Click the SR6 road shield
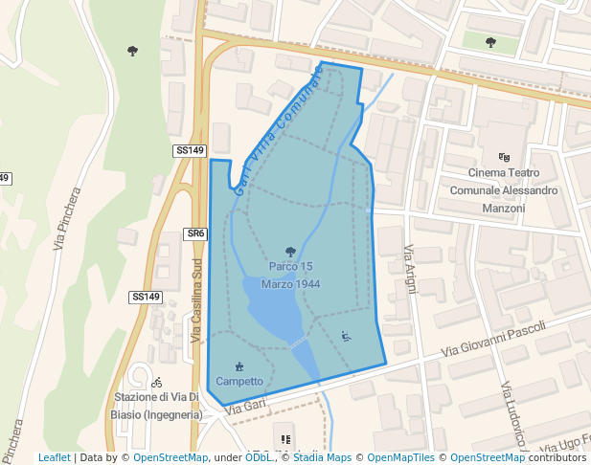(x=195, y=233)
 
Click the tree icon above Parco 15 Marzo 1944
(x=290, y=252)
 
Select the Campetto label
(x=239, y=381)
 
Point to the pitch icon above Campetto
(x=239, y=366)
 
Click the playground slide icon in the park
(x=346, y=336)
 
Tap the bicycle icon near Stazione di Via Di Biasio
(x=156, y=382)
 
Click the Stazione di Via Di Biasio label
(x=158, y=406)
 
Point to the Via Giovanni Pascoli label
(x=492, y=340)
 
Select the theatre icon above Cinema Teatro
(x=505, y=157)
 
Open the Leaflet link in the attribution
(x=54, y=457)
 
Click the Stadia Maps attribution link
(x=321, y=457)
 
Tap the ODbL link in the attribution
(x=258, y=457)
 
